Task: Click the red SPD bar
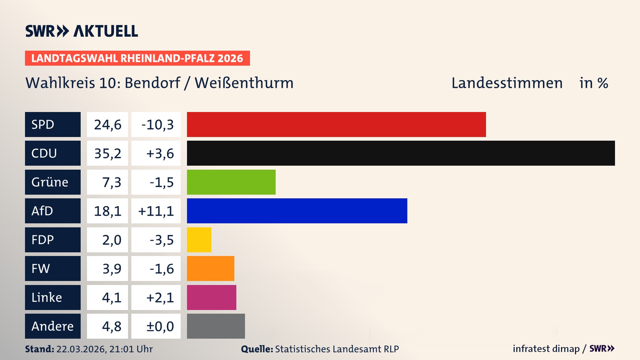(x=336, y=124)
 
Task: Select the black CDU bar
(x=401, y=153)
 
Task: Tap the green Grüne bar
(x=231, y=182)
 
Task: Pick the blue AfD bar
(x=297, y=211)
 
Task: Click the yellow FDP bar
(x=199, y=240)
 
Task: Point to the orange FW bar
(x=210, y=268)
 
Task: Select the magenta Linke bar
(x=211, y=297)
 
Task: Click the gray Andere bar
(x=216, y=326)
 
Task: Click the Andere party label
(x=53, y=326)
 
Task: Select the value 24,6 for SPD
(x=107, y=124)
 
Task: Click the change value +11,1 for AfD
(x=156, y=211)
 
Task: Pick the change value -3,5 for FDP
(x=161, y=240)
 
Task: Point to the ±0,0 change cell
(x=160, y=326)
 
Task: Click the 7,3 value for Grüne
(x=111, y=182)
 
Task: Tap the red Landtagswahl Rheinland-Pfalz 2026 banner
(x=137, y=58)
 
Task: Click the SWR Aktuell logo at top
(x=81, y=31)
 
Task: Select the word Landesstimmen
(x=507, y=83)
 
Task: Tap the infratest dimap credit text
(x=546, y=349)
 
